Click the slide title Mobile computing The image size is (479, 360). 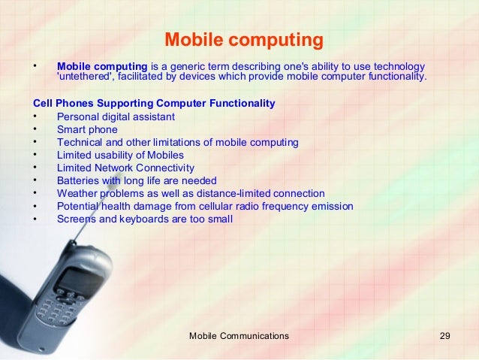coord(243,38)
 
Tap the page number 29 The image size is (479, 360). coord(444,335)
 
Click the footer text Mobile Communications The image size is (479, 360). coord(239,335)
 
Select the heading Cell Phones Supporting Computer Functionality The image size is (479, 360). coord(154,103)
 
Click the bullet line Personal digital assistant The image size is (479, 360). coord(116,116)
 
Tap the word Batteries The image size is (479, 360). coord(79,180)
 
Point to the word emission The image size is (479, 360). coord(331,206)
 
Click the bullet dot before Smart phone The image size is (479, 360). coord(35,129)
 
